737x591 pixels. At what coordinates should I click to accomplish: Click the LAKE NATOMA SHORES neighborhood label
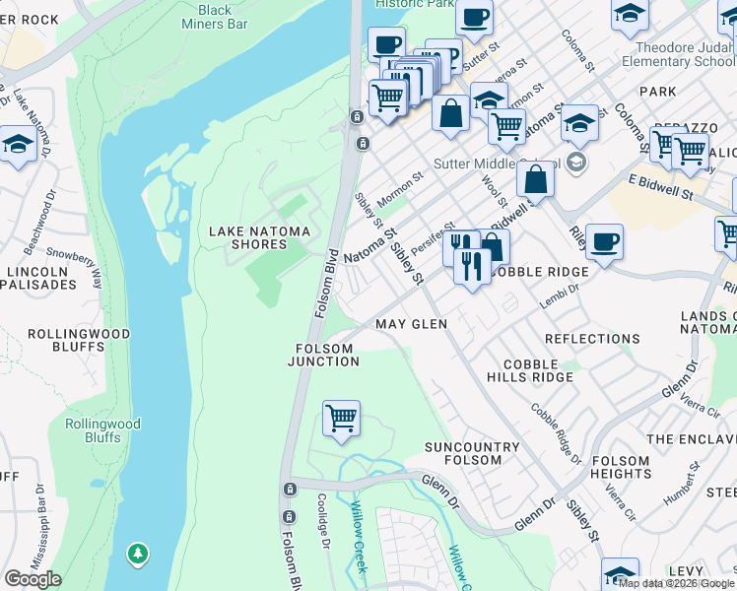pos(259,238)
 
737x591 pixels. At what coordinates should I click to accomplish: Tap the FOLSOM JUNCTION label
pos(323,355)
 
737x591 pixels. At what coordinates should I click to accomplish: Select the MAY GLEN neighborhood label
pos(411,324)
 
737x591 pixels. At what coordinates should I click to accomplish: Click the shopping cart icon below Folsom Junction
pos(341,418)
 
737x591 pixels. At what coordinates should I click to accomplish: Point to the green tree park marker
pos(139,556)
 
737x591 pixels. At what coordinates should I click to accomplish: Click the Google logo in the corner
pos(32,579)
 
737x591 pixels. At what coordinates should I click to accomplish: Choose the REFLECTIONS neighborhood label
pos(592,339)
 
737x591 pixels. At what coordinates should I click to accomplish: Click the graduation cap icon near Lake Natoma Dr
pos(17,146)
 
